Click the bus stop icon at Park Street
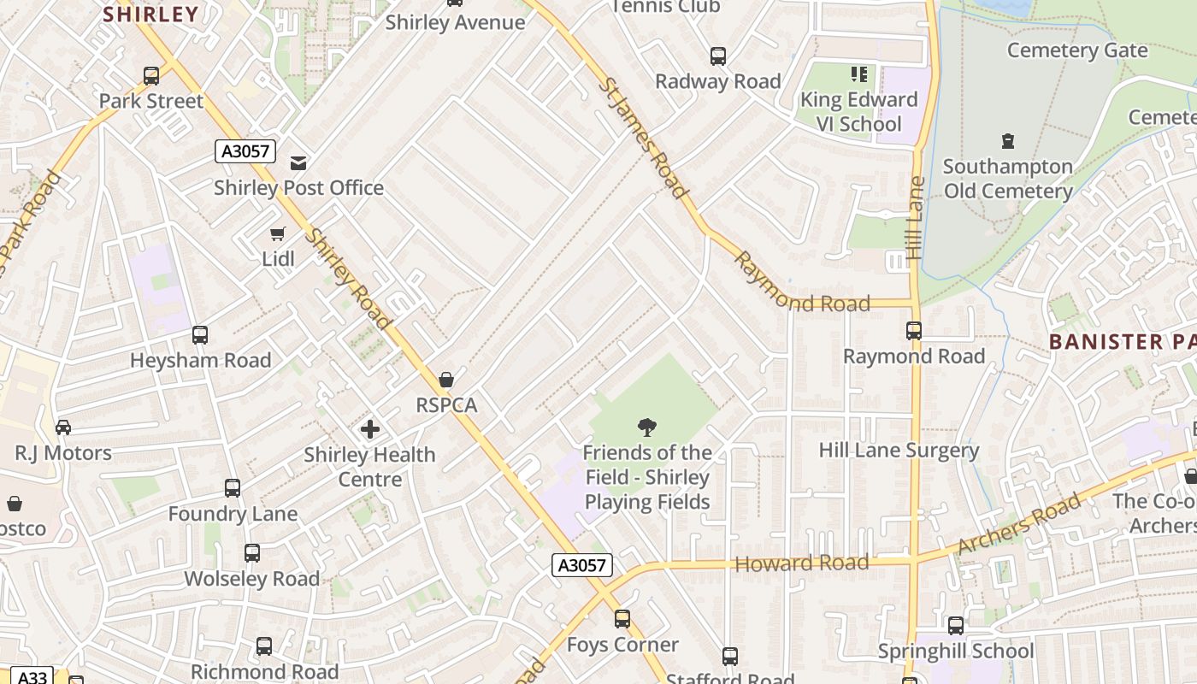click(x=151, y=76)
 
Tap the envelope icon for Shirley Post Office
click(x=298, y=162)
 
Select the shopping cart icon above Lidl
click(x=277, y=233)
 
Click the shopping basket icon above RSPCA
click(x=445, y=380)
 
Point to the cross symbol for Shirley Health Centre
click(x=369, y=428)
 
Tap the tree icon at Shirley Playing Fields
click(x=647, y=427)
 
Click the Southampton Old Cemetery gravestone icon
click(x=1007, y=140)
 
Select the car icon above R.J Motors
click(x=63, y=427)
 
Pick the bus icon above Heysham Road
click(x=200, y=335)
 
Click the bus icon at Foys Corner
click(x=622, y=619)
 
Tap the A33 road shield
click(x=32, y=676)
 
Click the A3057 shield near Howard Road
click(x=582, y=564)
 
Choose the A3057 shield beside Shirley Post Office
click(x=245, y=151)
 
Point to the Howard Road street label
click(x=802, y=563)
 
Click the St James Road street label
click(x=643, y=137)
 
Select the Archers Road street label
click(x=1019, y=523)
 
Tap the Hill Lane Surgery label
click(x=899, y=450)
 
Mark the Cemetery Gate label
click(x=1077, y=50)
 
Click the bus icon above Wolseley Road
click(x=252, y=553)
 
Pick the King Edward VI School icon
click(x=859, y=74)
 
